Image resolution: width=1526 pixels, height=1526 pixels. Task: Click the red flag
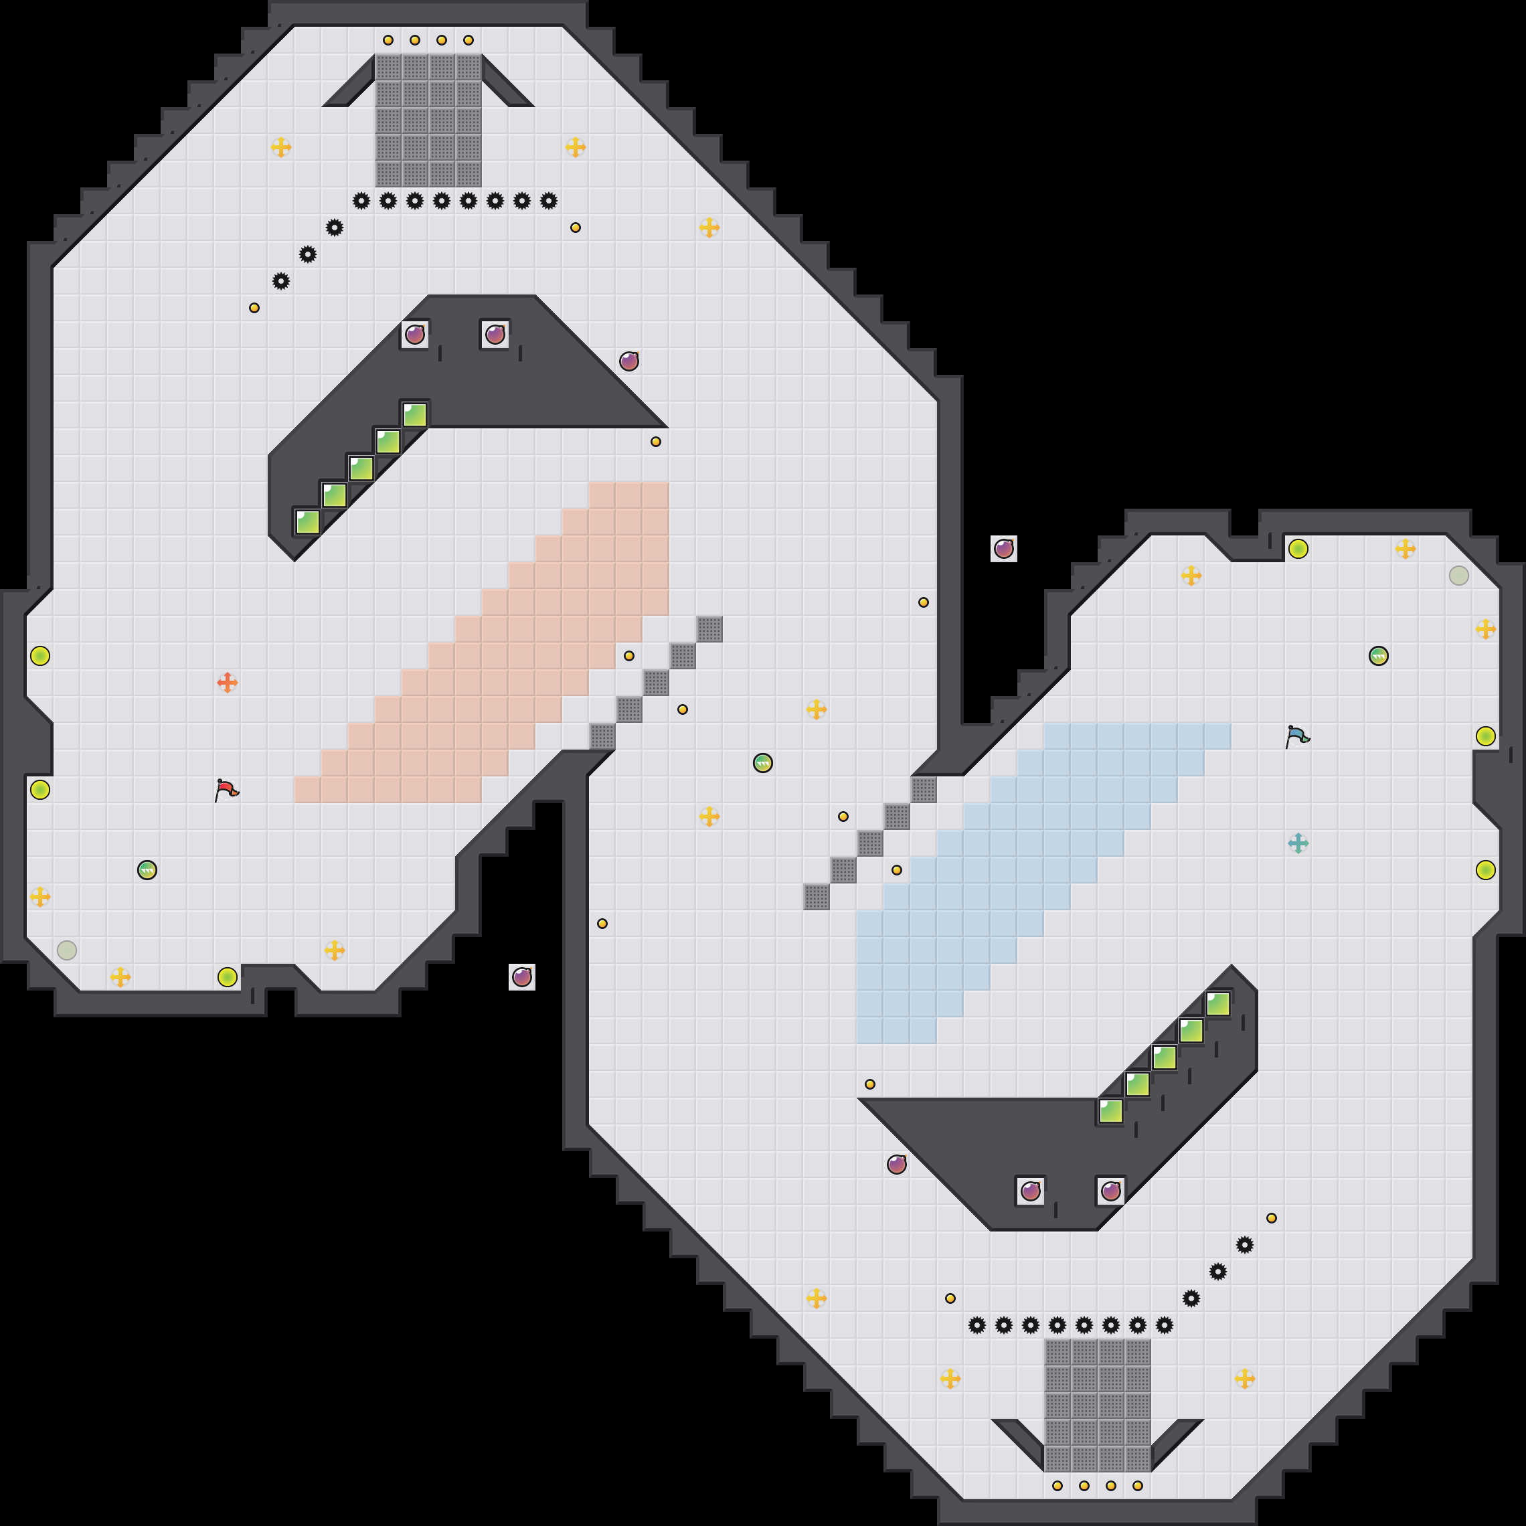pyautogui.click(x=227, y=789)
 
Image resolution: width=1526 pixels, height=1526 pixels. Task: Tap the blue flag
pyautogui.click(x=1297, y=736)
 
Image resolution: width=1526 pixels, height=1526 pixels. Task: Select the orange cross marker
pyautogui.click(x=228, y=683)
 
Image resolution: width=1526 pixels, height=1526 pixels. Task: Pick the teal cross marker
pyautogui.click(x=1298, y=843)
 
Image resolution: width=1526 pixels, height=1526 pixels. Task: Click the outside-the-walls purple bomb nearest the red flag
pyautogui.click(x=522, y=977)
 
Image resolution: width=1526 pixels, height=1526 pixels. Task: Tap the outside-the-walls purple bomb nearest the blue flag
pyautogui.click(x=1004, y=549)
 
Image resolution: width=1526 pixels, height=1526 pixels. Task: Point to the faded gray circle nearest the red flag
pyautogui.click(x=67, y=950)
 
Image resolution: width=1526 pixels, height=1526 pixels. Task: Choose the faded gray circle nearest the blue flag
pyautogui.click(x=1459, y=576)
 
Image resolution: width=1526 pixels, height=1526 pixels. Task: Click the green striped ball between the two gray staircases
pyautogui.click(x=763, y=763)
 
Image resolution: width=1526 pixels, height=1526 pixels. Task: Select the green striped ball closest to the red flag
pyautogui.click(x=147, y=869)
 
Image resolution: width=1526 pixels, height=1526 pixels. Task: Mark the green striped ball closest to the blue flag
pyautogui.click(x=1378, y=656)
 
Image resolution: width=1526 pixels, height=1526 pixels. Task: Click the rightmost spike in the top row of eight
pyautogui.click(x=549, y=201)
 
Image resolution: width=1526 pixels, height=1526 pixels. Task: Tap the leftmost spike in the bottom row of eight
pyautogui.click(x=977, y=1325)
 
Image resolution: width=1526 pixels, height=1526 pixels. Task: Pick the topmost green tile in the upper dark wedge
pyautogui.click(x=415, y=415)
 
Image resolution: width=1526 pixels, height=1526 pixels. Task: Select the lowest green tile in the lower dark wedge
pyautogui.click(x=1110, y=1110)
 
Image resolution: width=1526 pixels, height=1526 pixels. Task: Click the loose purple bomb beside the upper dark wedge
pyautogui.click(x=628, y=361)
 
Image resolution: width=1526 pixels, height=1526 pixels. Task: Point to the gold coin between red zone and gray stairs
pyautogui.click(x=628, y=656)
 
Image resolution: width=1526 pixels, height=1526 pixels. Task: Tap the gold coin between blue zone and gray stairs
pyautogui.click(x=896, y=869)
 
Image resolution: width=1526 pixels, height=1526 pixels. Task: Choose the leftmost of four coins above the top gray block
pyautogui.click(x=388, y=40)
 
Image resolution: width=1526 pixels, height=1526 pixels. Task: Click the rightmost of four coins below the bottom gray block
pyautogui.click(x=1137, y=1486)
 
